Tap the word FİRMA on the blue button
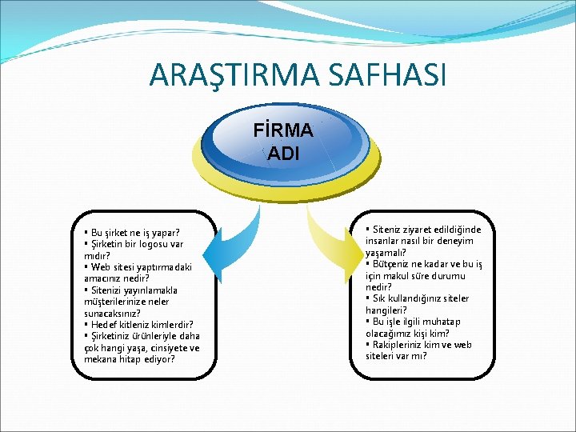283,130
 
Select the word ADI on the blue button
283,153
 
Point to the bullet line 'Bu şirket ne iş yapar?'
134,233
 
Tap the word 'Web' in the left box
101,267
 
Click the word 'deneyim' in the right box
454,240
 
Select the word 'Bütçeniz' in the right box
391,263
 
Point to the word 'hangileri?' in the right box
386,310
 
